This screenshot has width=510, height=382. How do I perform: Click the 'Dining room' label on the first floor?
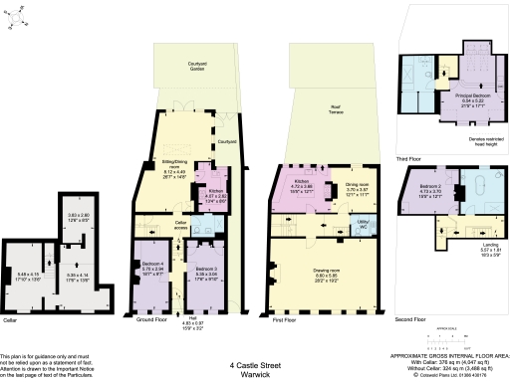359,184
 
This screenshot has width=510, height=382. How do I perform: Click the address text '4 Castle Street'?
254,365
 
